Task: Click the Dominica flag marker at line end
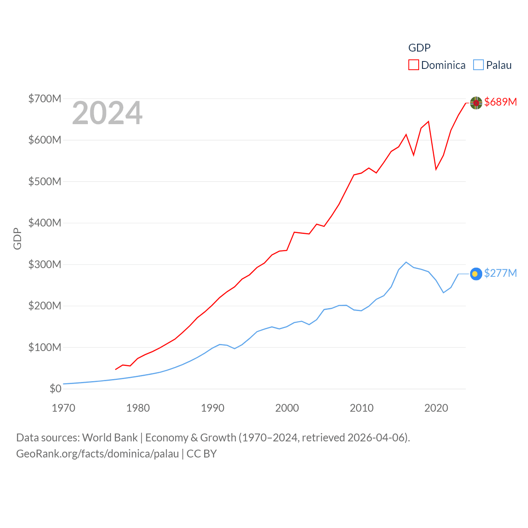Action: coord(476,103)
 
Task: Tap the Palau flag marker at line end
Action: coord(476,274)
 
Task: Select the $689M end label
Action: coord(500,102)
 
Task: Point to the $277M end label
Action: coord(500,273)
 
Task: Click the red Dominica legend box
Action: coord(414,65)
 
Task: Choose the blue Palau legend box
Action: coord(478,65)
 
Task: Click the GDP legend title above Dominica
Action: coord(419,48)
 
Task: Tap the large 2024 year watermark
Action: coord(107,113)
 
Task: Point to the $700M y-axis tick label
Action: coord(45,99)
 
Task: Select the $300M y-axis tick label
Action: coord(45,264)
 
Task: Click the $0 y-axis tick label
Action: coord(55,389)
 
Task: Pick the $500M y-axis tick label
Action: coord(45,181)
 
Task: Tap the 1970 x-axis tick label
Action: coord(64,408)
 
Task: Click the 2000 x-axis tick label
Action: coord(287,408)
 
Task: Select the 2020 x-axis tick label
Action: coord(436,408)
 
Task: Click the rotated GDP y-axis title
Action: coord(17,238)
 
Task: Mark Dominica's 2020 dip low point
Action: coord(436,169)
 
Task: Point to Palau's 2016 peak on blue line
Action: coord(406,262)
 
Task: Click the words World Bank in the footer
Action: coord(110,437)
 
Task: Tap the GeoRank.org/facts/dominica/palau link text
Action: coord(97,454)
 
